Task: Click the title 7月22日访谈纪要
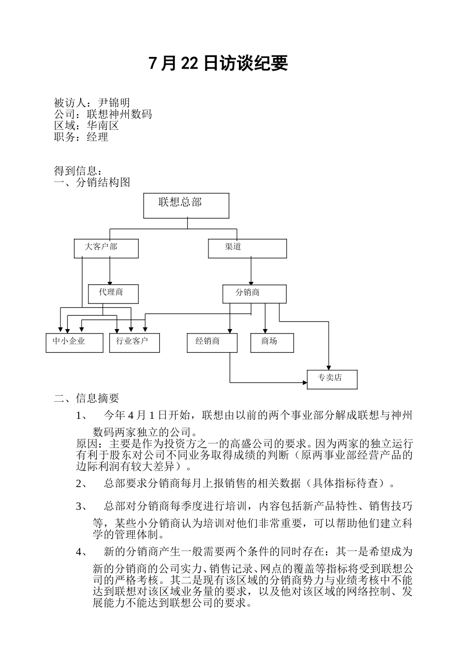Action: pyautogui.click(x=218, y=63)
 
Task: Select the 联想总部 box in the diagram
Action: pyautogui.click(x=186, y=206)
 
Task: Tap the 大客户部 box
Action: pyautogui.click(x=106, y=248)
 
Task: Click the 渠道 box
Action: pyautogui.click(x=247, y=248)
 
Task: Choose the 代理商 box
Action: pyautogui.click(x=113, y=294)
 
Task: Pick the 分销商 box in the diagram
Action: pyautogui.click(x=254, y=294)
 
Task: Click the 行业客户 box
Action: pyautogui.click(x=134, y=343)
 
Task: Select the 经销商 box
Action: pyautogui.click(x=212, y=343)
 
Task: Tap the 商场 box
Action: pyautogui.click(x=272, y=343)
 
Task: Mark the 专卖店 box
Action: pyautogui.click(x=332, y=379)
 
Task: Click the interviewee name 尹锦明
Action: pyautogui.click(x=114, y=103)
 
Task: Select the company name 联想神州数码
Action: pyautogui.click(x=119, y=114)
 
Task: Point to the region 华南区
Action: pyautogui.click(x=103, y=125)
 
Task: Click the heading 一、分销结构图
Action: pyautogui.click(x=92, y=183)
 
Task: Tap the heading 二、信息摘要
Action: pyautogui.click(x=87, y=398)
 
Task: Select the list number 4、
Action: pyautogui.click(x=82, y=552)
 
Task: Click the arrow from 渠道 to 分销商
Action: pyautogui.click(x=251, y=271)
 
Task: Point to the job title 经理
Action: pyautogui.click(x=97, y=137)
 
